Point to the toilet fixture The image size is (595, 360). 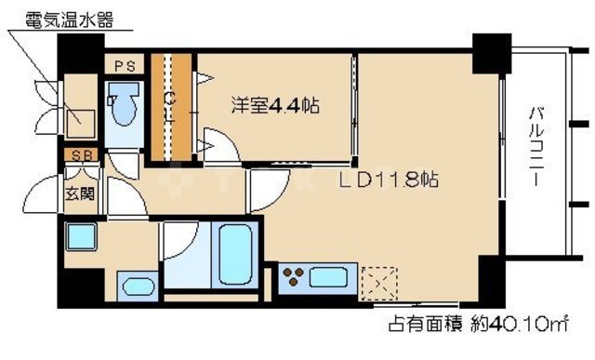122,105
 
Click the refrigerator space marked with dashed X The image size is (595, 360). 379,281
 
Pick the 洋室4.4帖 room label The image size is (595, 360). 274,105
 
